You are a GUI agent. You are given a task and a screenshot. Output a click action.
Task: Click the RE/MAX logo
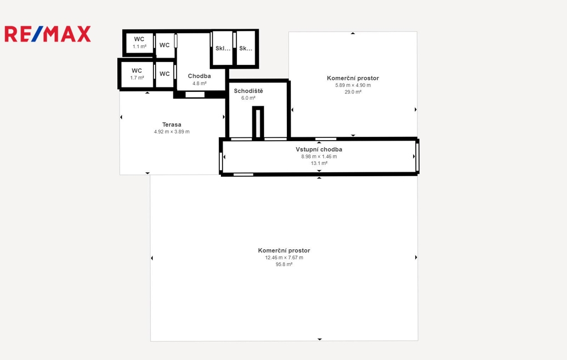(x=48, y=34)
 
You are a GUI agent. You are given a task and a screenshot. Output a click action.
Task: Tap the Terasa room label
(x=172, y=125)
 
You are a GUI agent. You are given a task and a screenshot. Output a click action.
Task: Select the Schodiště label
(x=249, y=91)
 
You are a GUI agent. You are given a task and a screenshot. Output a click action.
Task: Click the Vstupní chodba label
(x=319, y=150)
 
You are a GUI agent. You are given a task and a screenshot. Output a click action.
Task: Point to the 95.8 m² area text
(x=284, y=265)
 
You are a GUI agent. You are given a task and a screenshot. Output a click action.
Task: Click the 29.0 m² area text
(x=353, y=92)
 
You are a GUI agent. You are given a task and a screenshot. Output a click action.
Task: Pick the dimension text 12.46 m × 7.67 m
(x=284, y=258)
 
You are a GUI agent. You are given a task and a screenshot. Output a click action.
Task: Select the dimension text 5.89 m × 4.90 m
(x=353, y=85)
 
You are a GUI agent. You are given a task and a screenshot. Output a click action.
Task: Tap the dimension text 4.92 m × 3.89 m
(x=172, y=132)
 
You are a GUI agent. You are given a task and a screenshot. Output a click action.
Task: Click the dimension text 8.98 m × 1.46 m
(x=319, y=157)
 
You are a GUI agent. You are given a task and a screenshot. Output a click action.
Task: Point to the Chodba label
(x=199, y=76)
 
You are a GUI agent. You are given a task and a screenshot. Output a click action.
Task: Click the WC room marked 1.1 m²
(x=139, y=43)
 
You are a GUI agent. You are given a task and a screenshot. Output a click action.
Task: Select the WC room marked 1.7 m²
(x=137, y=74)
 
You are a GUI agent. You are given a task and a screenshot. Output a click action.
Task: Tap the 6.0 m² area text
(x=249, y=98)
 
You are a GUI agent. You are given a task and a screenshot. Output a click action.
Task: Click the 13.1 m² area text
(x=319, y=163)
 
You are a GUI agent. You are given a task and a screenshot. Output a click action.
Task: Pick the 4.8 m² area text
(x=199, y=84)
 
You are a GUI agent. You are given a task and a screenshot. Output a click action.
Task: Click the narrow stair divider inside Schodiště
(x=258, y=122)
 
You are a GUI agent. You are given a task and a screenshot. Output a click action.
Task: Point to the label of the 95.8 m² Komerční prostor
(x=284, y=250)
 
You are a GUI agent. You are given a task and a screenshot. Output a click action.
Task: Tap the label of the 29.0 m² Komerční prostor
(x=353, y=78)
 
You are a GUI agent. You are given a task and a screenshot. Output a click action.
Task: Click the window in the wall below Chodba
(x=195, y=95)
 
